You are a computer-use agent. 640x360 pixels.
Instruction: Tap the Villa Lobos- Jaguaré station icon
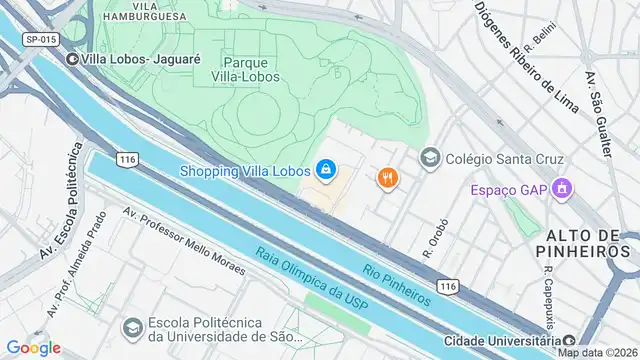point(72,59)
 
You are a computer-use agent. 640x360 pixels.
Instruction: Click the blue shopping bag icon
point(325,170)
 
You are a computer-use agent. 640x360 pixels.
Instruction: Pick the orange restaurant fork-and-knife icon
point(387,178)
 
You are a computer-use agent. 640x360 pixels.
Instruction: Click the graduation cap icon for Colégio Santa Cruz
point(430,157)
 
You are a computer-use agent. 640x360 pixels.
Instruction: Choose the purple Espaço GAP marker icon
point(562,188)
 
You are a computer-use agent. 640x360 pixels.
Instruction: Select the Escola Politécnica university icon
point(131,327)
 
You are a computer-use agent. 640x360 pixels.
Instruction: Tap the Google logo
point(33,347)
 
